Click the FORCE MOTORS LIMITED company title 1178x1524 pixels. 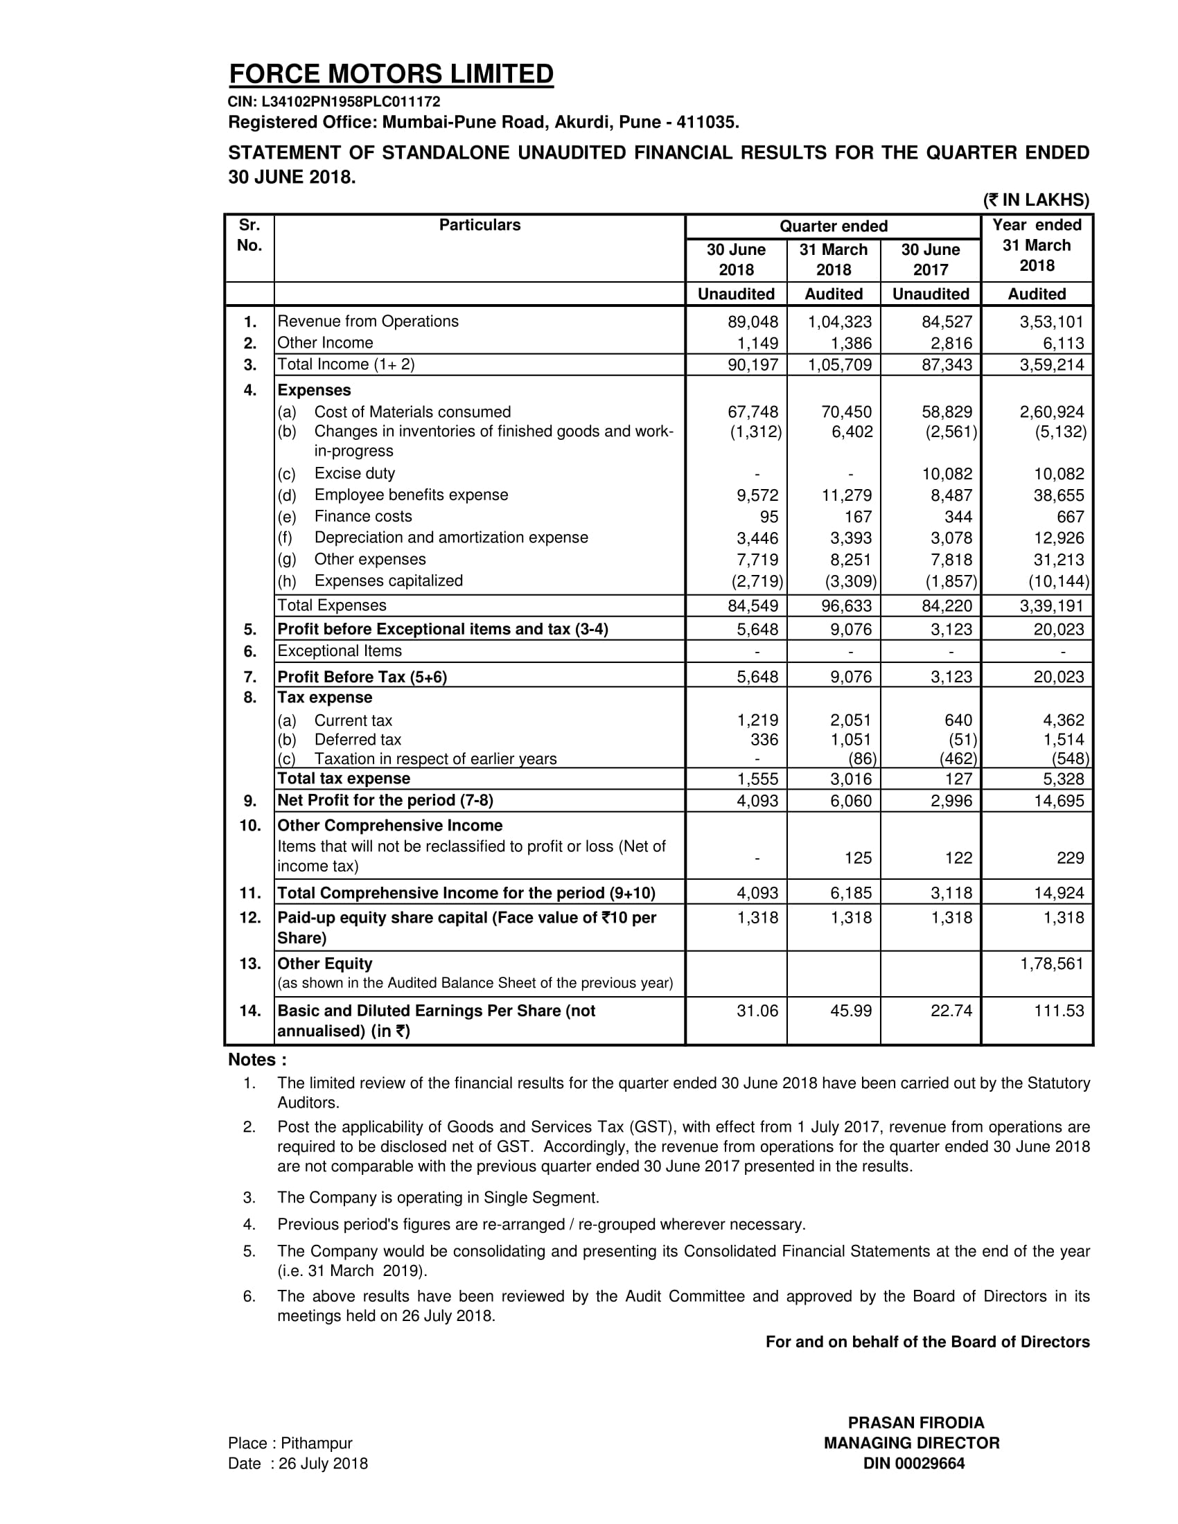(391, 74)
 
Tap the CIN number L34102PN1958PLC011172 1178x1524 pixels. (334, 102)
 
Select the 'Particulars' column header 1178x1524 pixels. (480, 224)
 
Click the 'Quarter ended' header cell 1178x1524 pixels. (833, 226)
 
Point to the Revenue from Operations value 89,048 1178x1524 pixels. (753, 321)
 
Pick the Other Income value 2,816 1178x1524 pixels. (947, 344)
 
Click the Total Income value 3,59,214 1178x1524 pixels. (1052, 364)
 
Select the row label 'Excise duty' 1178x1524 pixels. (355, 474)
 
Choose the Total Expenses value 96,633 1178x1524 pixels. (846, 605)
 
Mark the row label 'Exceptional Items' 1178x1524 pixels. (340, 651)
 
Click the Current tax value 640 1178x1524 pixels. (958, 720)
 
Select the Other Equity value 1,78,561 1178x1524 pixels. (1052, 964)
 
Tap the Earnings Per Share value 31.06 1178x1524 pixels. (757, 1011)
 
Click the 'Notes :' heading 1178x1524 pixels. (258, 1059)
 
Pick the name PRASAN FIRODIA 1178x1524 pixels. (915, 1422)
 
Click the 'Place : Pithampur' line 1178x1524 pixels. (290, 1443)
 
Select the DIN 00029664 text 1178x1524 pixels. (913, 1463)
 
